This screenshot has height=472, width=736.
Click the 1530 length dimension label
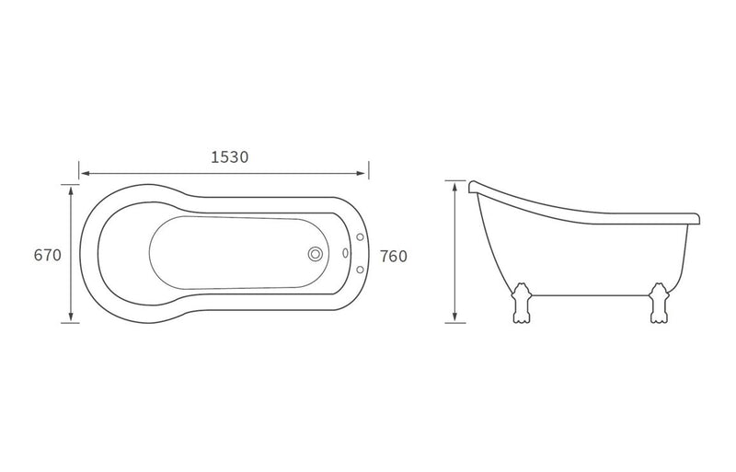[x=229, y=156]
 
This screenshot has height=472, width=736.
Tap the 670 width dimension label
[x=48, y=255]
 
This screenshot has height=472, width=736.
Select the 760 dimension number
[x=394, y=257]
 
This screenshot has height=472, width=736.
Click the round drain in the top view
[x=316, y=254]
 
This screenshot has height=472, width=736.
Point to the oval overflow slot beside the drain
[x=346, y=253]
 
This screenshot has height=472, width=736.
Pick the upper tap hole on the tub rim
[x=361, y=237]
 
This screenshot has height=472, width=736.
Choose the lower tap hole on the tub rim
[x=361, y=270]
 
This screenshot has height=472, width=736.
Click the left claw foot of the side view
[x=522, y=303]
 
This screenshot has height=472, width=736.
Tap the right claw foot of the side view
[x=658, y=303]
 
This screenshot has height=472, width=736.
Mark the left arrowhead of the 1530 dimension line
[x=85, y=174]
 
